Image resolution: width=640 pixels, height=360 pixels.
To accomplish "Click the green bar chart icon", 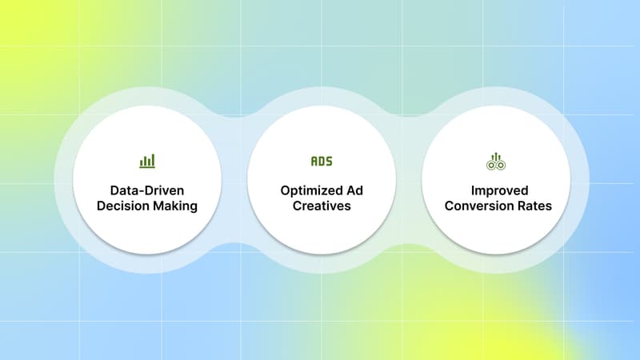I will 147,161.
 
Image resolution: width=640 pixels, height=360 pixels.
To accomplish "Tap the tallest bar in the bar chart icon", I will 150,160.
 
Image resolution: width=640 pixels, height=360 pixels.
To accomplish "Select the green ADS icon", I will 321,161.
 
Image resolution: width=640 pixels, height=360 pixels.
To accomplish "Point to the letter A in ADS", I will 314,161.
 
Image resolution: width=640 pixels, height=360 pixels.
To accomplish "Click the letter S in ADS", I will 328,161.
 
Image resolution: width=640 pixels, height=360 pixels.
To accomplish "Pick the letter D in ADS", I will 321,161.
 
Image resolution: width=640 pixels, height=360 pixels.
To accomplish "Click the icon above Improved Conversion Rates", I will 495,161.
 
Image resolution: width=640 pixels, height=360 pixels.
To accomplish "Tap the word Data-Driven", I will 147,191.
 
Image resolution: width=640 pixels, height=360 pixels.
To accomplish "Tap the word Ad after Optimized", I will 352,191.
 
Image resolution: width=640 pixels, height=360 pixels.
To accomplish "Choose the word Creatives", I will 321,207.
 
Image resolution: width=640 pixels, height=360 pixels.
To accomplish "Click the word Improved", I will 495,191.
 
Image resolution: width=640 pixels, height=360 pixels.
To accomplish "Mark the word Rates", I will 532,207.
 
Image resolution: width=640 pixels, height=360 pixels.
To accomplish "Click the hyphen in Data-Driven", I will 141,192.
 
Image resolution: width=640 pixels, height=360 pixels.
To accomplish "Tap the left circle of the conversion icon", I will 491,165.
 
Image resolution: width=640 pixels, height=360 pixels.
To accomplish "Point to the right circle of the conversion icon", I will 500,165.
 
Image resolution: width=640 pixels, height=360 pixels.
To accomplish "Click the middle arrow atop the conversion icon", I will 495,154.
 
